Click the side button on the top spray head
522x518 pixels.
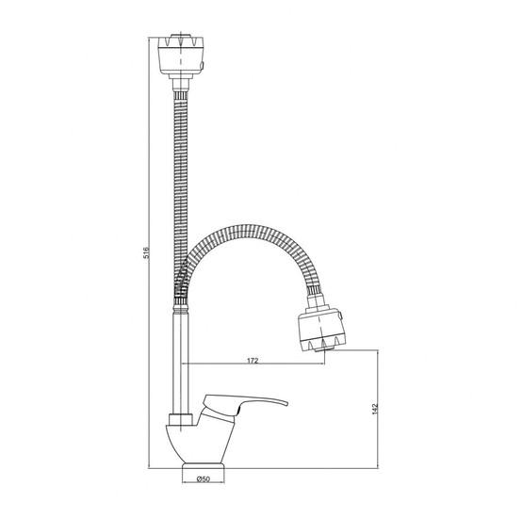coord(204,63)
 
